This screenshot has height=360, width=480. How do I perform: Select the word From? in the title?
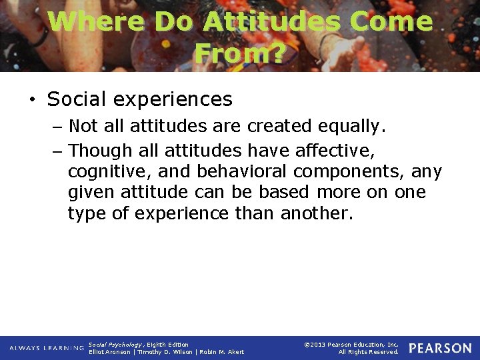coord(240,53)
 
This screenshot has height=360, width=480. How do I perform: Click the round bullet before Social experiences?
coord(32,99)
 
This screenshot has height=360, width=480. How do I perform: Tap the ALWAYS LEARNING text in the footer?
coord(47,348)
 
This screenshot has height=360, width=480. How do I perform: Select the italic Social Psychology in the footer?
coord(114,345)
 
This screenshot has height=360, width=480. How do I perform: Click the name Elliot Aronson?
coord(109,352)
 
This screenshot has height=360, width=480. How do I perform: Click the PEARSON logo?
coord(440,348)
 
